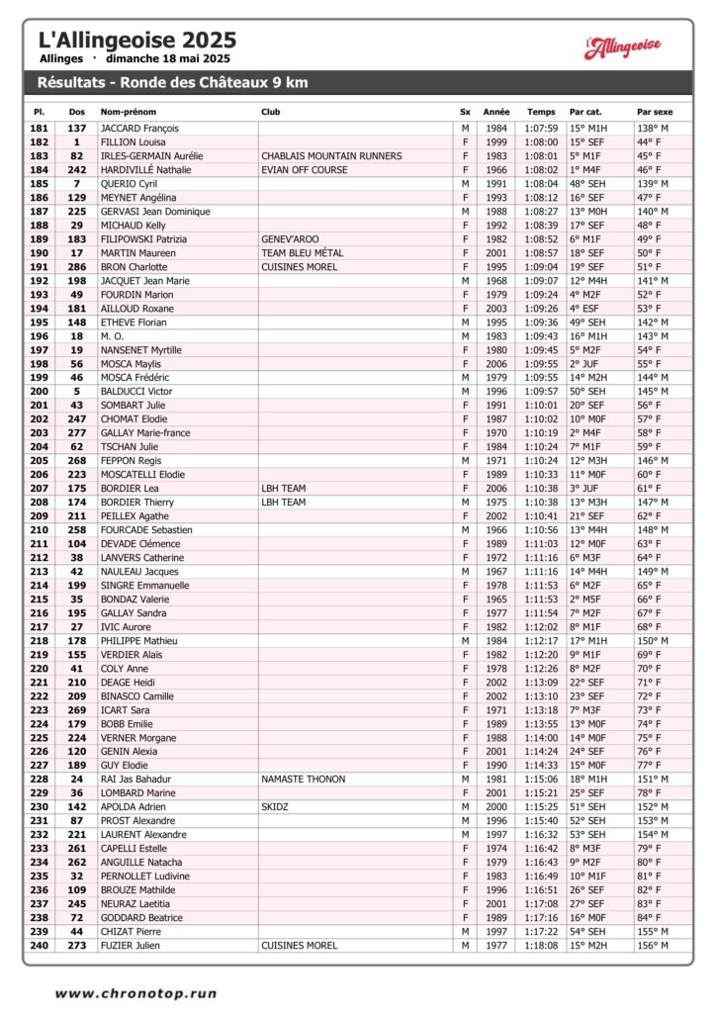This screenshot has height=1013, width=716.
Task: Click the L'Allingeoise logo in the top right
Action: point(622,46)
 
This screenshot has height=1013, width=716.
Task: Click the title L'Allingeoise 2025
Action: point(136,41)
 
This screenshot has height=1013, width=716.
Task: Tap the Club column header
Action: point(270,112)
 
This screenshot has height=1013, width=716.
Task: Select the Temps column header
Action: point(541,112)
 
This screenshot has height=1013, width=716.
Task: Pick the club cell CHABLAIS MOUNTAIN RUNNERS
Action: point(331,156)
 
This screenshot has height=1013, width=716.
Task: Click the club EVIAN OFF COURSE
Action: point(305,170)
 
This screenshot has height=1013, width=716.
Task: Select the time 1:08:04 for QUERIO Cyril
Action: point(541,184)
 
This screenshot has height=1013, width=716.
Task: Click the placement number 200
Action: point(39,392)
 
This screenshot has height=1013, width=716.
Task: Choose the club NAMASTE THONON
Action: point(305,780)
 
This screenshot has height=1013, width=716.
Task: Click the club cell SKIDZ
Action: point(274,807)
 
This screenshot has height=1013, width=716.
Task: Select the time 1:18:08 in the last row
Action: point(541,946)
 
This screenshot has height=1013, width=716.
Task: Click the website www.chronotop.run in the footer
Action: point(135,993)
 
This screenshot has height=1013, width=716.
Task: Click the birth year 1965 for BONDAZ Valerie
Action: point(496,599)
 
